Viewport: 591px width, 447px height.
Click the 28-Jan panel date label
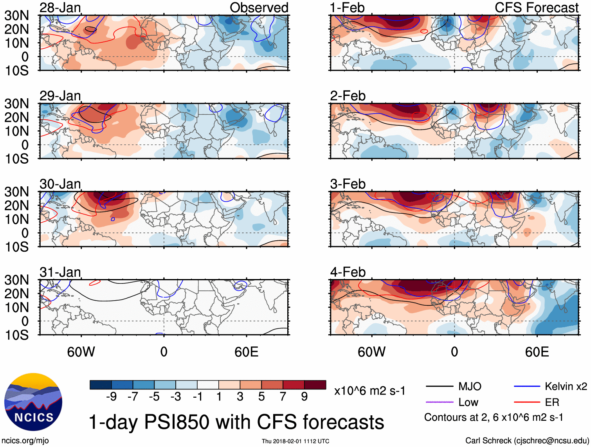[60, 7]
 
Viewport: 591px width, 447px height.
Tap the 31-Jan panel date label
[60, 272]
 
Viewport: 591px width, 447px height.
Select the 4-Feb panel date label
[348, 272]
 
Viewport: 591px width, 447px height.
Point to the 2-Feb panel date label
[348, 96]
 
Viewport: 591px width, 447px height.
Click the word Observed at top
[259, 7]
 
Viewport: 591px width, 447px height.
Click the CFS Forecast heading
[536, 7]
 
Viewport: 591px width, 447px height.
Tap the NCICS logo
[33, 402]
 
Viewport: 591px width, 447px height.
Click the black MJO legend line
[440, 387]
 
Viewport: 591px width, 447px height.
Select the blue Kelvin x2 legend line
[527, 387]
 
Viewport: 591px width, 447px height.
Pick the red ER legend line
[527, 402]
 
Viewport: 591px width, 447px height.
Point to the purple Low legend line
[440, 402]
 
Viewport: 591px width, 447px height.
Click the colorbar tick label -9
[111, 397]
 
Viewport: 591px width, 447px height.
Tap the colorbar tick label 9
[304, 397]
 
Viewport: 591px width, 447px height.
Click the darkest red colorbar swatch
[315, 385]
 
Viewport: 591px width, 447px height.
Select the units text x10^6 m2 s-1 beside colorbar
[369, 391]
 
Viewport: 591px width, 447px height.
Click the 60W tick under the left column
[81, 352]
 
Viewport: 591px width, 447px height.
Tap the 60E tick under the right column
[537, 352]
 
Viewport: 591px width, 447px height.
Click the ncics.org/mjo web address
[25, 441]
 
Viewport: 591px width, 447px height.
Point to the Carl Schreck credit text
[527, 441]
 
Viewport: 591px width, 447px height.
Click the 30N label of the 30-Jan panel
[17, 192]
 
